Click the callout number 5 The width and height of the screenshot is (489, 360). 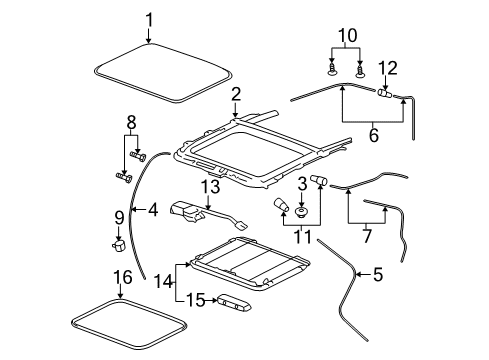pos(376,273)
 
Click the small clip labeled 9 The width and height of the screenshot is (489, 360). pos(116,243)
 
